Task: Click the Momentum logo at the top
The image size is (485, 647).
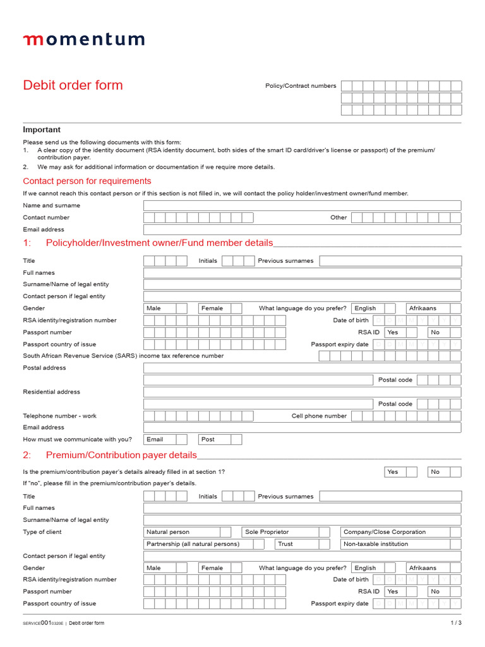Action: click(x=84, y=40)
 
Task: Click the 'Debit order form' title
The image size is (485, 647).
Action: click(x=73, y=85)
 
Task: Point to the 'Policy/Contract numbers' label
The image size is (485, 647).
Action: click(x=301, y=86)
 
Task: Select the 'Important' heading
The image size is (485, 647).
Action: click(x=42, y=130)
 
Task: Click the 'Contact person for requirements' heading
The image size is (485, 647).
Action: click(x=87, y=181)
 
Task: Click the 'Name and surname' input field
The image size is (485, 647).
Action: click(x=302, y=205)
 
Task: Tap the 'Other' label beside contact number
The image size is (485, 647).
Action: click(x=338, y=217)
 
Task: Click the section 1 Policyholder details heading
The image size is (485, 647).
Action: click(x=159, y=243)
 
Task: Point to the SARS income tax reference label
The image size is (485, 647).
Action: click(x=123, y=356)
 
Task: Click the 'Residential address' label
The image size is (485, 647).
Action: click(x=52, y=392)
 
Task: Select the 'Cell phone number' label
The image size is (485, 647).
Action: click(x=319, y=416)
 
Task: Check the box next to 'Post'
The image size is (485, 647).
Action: click(x=236, y=439)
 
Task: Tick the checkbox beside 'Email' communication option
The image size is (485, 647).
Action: click(x=182, y=439)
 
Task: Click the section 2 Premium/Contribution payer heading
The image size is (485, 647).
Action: click(x=121, y=455)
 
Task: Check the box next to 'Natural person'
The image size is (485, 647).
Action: click(x=234, y=532)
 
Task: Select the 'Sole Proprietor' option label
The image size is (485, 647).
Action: click(x=267, y=532)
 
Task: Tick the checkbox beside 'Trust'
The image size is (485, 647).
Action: click(x=324, y=544)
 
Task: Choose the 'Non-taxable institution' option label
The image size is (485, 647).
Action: click(x=375, y=544)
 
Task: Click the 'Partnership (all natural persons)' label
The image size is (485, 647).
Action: click(x=193, y=544)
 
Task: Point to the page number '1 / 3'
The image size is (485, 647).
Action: click(x=455, y=623)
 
